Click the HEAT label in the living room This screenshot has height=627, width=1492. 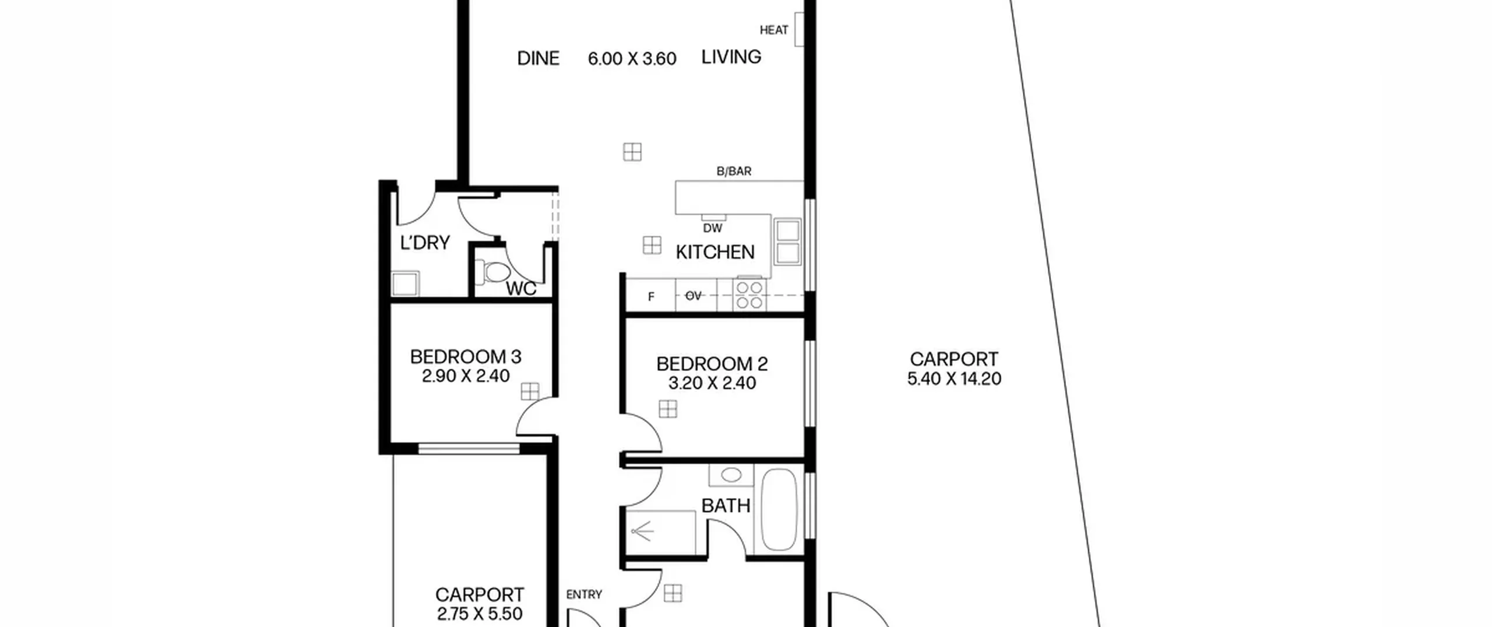pos(773,30)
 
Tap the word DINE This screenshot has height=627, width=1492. pos(539,58)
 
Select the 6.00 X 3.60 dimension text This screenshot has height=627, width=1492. pos(632,59)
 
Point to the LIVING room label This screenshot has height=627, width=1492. pos(731,57)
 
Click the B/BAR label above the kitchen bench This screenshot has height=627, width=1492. pos(734,171)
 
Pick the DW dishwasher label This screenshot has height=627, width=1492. pos(713,228)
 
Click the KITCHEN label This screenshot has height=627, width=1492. pos(715,252)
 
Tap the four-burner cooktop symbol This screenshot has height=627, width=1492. pos(750,295)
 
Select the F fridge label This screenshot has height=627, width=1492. pos(651,297)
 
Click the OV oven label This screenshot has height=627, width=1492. pos(693,296)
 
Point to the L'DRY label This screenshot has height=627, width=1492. pos(425,242)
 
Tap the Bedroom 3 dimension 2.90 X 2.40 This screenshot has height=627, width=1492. pos(466,376)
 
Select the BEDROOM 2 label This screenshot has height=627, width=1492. pos(712,364)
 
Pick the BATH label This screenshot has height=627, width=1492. pos(726,506)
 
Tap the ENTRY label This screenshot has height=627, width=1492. pos(584,594)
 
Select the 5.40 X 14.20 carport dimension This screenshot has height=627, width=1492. pos(954,379)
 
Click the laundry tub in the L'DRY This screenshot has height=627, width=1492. pos(405,284)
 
